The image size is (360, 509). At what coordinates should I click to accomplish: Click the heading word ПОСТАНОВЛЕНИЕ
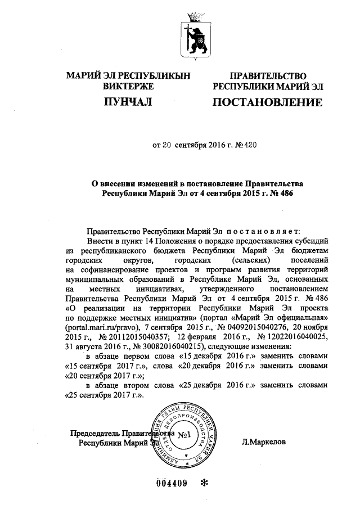pos(267,103)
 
